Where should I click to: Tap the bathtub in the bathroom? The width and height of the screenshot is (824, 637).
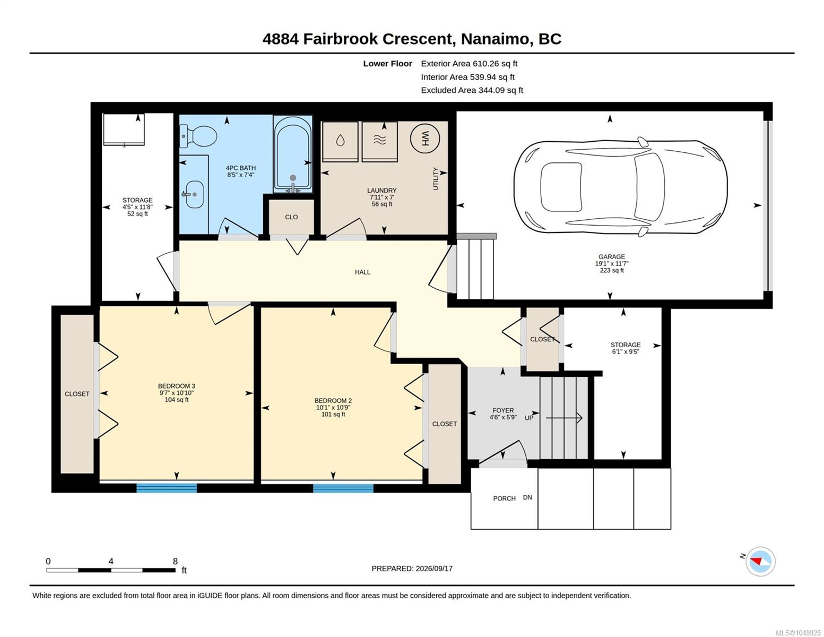tap(292, 154)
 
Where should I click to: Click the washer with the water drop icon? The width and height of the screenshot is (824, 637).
tap(340, 142)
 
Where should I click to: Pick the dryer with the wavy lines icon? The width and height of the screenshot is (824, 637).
tap(379, 142)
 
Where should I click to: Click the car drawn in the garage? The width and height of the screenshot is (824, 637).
tap(620, 187)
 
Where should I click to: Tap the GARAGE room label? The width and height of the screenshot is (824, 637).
tap(612, 257)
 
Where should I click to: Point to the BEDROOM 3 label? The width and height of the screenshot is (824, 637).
tap(177, 386)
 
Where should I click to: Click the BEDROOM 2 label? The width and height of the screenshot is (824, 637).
tap(333, 401)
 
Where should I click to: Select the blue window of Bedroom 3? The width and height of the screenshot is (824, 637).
tap(167, 488)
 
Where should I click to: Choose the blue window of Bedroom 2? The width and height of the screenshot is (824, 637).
tap(343, 488)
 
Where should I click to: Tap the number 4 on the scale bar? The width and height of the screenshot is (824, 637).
tap(111, 561)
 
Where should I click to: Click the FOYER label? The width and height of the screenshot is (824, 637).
tap(503, 410)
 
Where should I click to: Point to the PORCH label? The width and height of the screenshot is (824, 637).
tap(504, 498)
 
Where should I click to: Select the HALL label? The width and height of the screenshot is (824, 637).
tap(362, 272)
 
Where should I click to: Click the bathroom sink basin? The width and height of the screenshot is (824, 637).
tap(195, 194)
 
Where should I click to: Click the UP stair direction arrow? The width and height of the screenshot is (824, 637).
tap(564, 418)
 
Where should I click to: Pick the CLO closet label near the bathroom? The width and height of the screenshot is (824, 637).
tap(291, 217)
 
